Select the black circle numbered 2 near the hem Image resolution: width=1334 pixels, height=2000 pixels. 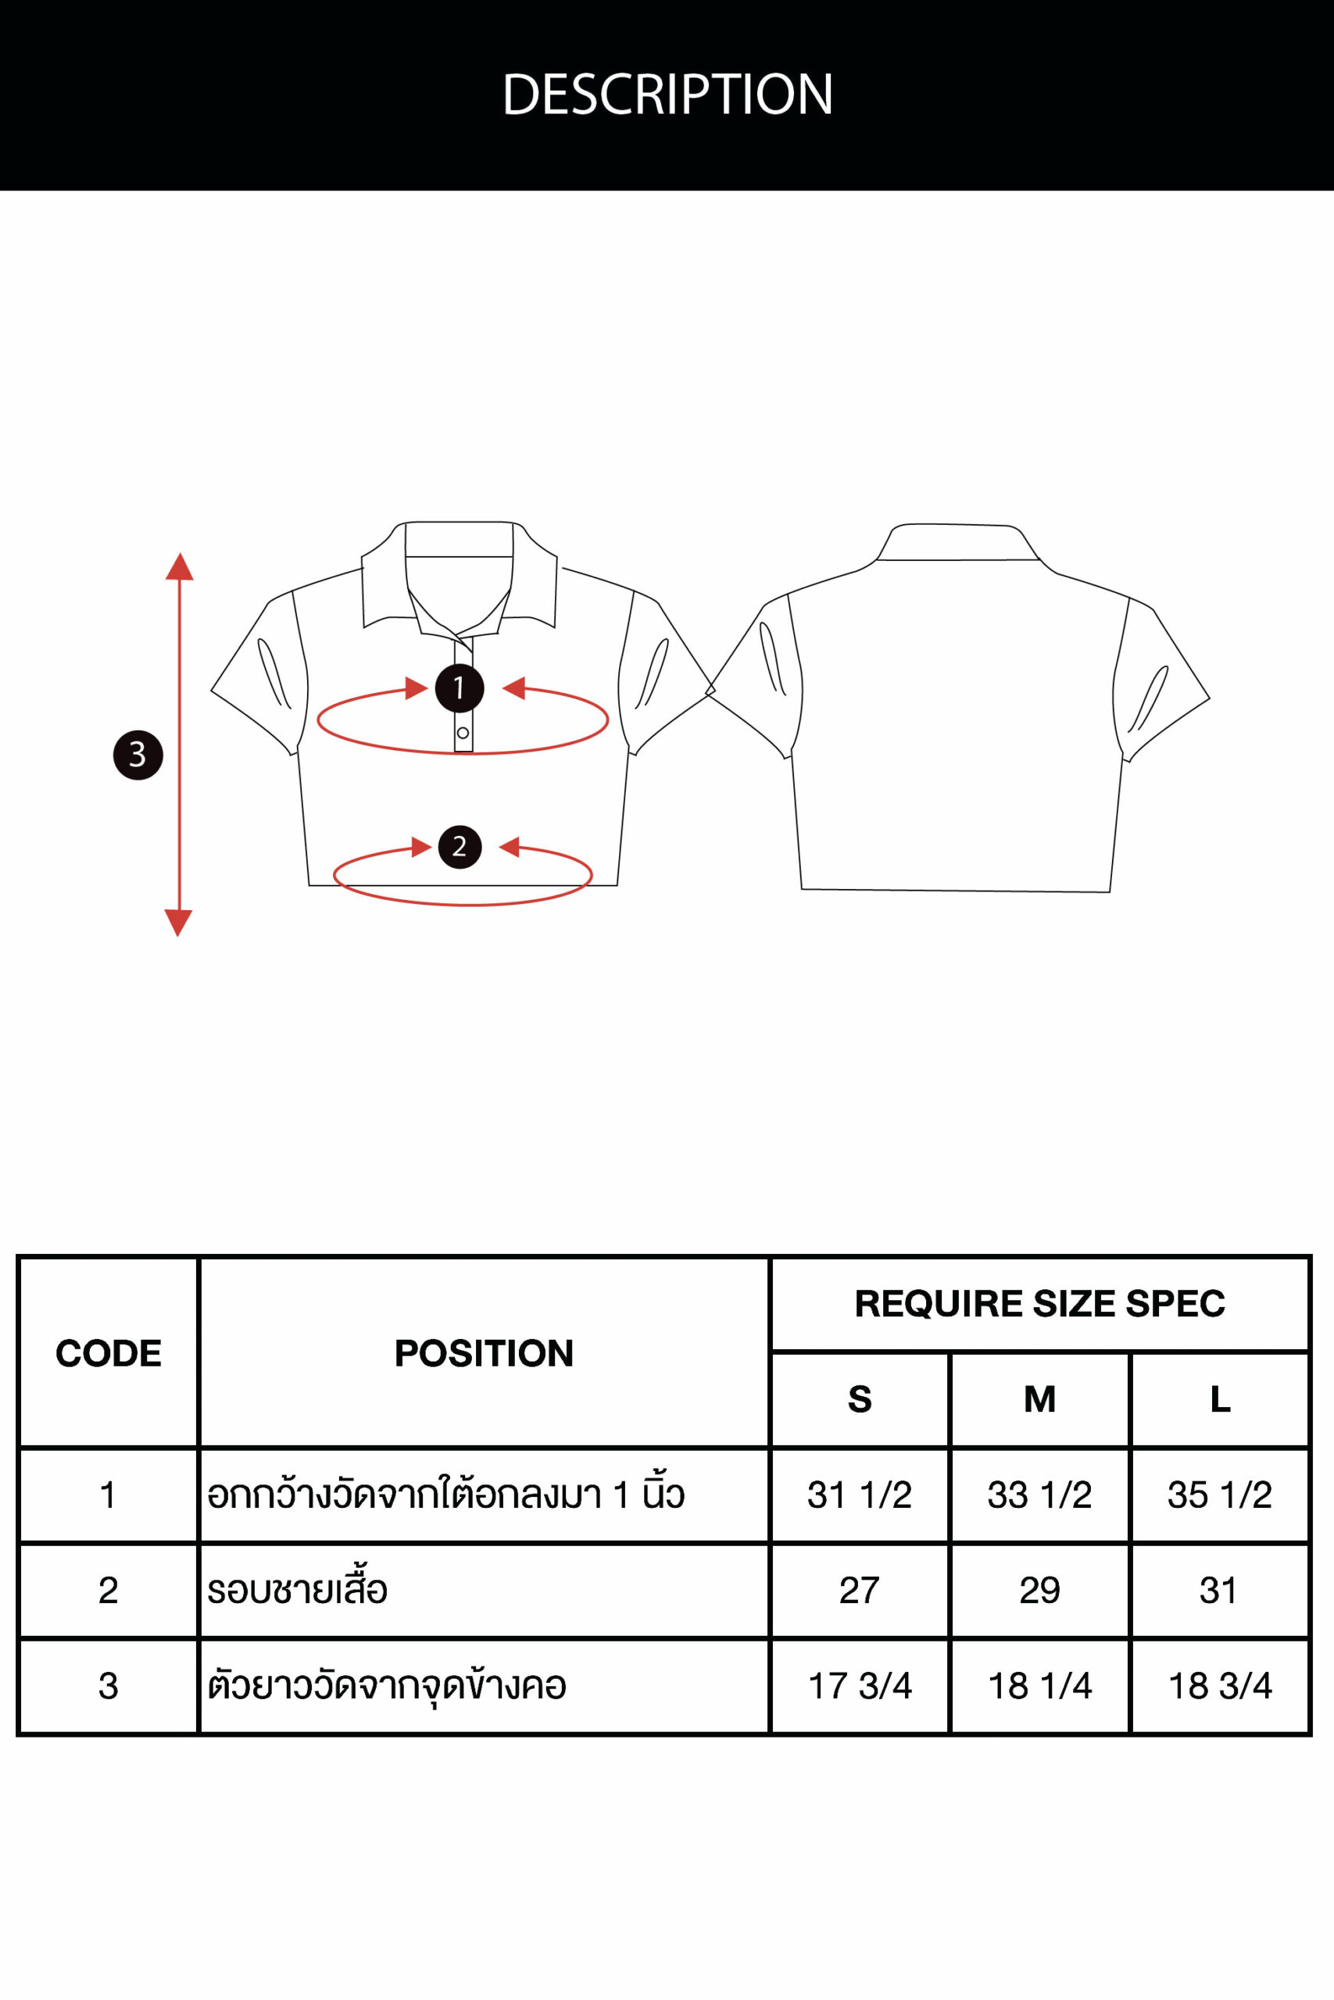(460, 847)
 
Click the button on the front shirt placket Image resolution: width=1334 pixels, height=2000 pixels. (463, 733)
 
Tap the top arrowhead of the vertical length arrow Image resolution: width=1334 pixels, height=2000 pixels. (180, 566)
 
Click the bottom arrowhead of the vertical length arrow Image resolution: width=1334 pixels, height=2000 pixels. (179, 923)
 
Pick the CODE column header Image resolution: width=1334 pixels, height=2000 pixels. (109, 1354)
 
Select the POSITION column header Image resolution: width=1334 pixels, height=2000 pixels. (484, 1354)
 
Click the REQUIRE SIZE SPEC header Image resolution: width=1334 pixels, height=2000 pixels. (1039, 1304)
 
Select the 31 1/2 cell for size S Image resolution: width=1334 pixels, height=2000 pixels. (860, 1495)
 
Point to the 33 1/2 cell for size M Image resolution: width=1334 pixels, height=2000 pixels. (1039, 1495)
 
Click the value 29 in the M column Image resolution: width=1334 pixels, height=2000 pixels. (1039, 1590)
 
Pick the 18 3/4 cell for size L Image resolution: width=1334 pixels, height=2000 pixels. (1220, 1685)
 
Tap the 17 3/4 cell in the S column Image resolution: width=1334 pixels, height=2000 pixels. (860, 1685)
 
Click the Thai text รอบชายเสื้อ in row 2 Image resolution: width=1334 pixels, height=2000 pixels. (297, 1588)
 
